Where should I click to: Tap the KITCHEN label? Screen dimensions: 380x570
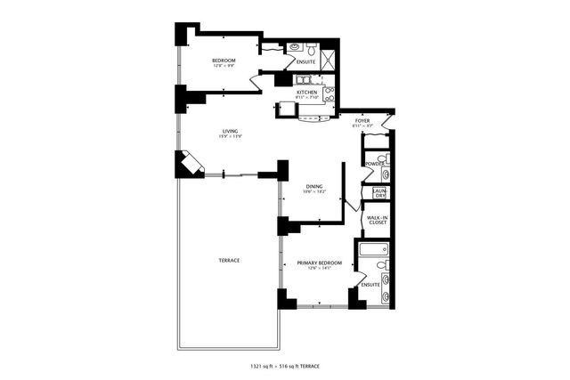[x=307, y=92]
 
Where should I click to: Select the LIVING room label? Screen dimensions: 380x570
[x=230, y=132]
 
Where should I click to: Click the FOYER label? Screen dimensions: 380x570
[x=362, y=121]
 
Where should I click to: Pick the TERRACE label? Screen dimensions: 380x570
[x=229, y=260]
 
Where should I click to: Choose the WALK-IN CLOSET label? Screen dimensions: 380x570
[x=379, y=221]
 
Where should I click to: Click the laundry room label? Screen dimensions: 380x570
[x=379, y=192]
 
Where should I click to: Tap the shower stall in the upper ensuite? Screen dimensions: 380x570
[x=327, y=60]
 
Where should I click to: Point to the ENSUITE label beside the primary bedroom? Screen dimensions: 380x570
[x=370, y=285]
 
